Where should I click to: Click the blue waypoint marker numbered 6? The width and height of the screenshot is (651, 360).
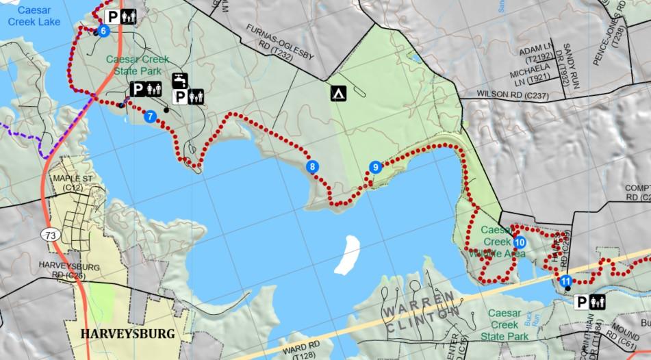tap(103, 31)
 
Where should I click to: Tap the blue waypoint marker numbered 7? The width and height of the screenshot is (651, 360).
tap(151, 116)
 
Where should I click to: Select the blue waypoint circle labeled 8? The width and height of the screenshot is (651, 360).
tap(312, 166)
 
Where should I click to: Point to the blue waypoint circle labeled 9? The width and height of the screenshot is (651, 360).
tap(374, 167)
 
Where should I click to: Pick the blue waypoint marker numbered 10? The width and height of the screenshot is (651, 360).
tap(520, 242)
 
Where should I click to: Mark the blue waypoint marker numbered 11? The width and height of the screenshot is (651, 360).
tap(565, 281)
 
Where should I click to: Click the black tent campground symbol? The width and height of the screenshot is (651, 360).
tap(337, 94)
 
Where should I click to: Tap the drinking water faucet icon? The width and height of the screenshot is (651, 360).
tap(180, 81)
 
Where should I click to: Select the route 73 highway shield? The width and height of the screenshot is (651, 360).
tap(50, 235)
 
